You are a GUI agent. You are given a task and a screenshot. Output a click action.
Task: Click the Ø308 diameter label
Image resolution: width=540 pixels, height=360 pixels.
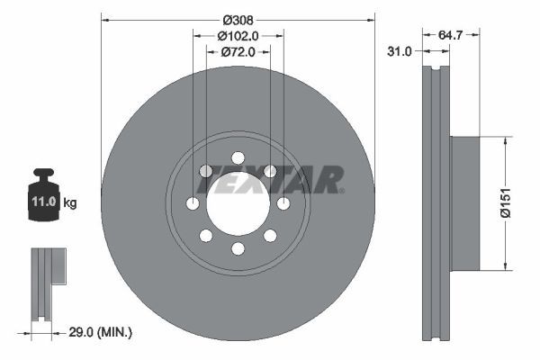pyautogui.click(x=238, y=19)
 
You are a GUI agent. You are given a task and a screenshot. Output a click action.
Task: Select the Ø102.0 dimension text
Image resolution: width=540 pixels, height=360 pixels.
pyautogui.click(x=238, y=36)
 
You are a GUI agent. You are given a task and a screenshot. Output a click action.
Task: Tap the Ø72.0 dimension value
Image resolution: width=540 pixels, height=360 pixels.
pyautogui.click(x=238, y=52)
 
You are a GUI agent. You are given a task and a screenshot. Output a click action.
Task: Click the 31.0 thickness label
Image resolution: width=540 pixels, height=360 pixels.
pyautogui.click(x=398, y=52)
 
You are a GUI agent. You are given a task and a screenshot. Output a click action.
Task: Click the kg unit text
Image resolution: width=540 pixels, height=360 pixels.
pyautogui.click(x=70, y=203)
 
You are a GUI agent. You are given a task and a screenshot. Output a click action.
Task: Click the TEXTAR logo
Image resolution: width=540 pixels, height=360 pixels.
pyautogui.click(x=271, y=180)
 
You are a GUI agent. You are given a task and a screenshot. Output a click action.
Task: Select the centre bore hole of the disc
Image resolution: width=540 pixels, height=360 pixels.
pyautogui.click(x=238, y=203)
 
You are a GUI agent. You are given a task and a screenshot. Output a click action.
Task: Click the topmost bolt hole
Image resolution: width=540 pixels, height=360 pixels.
pyautogui.click(x=238, y=157)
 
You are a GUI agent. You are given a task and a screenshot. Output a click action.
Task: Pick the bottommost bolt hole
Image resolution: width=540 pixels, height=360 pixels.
pyautogui.click(x=238, y=249)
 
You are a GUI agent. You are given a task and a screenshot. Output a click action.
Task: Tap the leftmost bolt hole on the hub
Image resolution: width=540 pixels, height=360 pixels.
pyautogui.click(x=193, y=203)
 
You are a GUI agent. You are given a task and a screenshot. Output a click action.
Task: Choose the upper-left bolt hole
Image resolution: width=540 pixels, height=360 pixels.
pyautogui.click(x=206, y=171)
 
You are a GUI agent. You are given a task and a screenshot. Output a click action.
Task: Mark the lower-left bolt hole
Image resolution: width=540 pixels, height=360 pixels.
pyautogui.click(x=206, y=236)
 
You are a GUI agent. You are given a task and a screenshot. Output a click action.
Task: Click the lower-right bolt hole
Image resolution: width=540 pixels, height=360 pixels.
pyautogui.click(x=270, y=236)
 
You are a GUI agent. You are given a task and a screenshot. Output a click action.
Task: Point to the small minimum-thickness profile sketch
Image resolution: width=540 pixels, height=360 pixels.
pyautogui.click(x=45, y=283)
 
